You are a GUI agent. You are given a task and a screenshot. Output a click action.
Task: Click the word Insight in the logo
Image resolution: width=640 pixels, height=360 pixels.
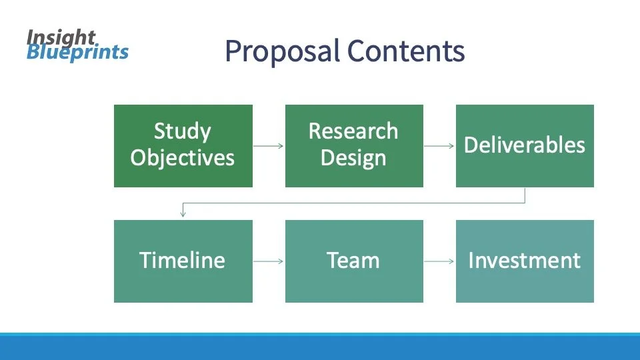coord(61,37)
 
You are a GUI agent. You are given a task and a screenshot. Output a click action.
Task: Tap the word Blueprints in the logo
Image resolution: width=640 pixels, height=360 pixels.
coord(77,52)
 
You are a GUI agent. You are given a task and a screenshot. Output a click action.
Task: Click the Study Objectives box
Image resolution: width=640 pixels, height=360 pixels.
coord(183,145)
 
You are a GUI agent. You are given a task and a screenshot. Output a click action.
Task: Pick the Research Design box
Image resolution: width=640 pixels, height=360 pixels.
coord(354,145)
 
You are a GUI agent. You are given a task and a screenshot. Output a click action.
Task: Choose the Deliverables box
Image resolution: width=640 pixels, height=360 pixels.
coord(525,145)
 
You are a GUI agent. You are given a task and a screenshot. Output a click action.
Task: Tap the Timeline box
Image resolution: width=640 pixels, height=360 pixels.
coord(183,261)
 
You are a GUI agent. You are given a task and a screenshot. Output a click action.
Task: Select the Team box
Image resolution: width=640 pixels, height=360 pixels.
coord(354,261)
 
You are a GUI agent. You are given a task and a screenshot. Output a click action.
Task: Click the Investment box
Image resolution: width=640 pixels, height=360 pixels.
coord(525,261)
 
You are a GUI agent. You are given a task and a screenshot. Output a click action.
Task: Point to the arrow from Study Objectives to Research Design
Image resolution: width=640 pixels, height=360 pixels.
coord(269,146)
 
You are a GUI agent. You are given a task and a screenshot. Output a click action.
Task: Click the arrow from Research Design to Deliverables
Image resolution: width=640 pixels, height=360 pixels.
coord(439,146)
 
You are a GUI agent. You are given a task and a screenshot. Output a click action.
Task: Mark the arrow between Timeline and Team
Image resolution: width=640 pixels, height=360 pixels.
coord(269,261)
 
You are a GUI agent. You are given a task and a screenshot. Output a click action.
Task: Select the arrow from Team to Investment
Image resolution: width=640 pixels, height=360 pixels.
coord(439,261)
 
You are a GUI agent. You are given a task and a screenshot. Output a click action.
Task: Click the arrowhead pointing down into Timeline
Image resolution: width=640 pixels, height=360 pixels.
coord(182,214)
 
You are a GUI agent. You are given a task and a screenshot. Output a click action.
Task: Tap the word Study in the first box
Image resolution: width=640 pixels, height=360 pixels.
coord(183,131)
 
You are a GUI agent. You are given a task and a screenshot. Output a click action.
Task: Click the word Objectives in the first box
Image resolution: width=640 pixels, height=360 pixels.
coord(183,158)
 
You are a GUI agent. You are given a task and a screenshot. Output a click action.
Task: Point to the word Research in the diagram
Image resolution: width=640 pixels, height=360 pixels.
coord(353,131)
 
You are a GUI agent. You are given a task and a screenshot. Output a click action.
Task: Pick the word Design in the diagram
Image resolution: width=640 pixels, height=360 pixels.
coord(353,158)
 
